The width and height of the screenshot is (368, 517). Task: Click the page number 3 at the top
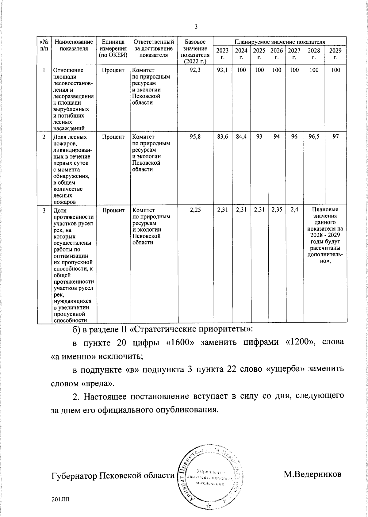tap(196, 27)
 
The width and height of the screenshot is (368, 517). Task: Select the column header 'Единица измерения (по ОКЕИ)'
tap(113, 48)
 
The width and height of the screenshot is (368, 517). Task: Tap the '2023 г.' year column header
tap(222, 54)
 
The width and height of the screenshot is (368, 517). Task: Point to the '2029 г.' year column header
tap(335, 54)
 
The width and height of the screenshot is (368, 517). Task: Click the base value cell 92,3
tap(195, 70)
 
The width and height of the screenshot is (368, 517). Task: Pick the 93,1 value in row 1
tap(222, 70)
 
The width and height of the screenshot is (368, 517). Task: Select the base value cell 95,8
tap(195, 137)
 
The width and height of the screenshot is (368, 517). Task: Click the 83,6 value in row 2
tap(222, 137)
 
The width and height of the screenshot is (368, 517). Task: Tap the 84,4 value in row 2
tap(241, 137)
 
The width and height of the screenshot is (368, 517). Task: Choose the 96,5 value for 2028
tap(314, 137)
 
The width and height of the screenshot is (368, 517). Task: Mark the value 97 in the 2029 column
tap(336, 137)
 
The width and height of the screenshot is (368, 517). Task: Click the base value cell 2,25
tap(195, 210)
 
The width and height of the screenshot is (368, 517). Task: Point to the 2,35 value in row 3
tap(277, 210)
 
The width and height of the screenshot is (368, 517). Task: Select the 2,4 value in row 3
tap(294, 210)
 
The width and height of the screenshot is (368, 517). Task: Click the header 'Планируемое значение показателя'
tap(280, 42)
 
